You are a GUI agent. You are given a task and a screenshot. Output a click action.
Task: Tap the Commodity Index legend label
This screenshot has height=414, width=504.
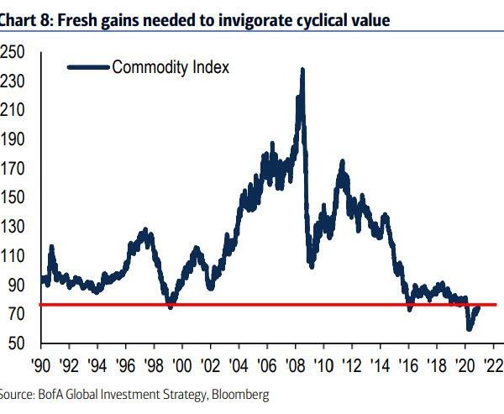click(171, 67)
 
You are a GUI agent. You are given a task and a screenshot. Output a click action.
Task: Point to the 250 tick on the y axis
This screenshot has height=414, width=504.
click(12, 53)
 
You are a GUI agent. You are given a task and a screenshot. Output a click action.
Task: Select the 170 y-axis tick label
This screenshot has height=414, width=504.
click(12, 169)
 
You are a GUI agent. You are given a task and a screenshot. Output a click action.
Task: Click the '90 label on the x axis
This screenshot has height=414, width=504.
click(39, 366)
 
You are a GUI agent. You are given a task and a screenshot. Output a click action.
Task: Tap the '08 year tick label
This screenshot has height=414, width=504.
click(297, 366)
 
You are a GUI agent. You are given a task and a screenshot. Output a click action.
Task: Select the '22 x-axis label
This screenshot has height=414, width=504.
click(495, 366)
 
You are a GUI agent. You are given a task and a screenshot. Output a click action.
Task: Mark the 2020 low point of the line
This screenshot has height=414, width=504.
click(469, 329)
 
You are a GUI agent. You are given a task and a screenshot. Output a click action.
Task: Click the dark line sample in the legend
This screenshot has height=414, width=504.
click(87, 67)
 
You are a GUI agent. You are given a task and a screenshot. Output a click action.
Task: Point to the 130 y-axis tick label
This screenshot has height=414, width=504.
click(12, 227)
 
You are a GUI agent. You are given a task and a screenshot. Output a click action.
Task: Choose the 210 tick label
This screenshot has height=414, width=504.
click(12, 111)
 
